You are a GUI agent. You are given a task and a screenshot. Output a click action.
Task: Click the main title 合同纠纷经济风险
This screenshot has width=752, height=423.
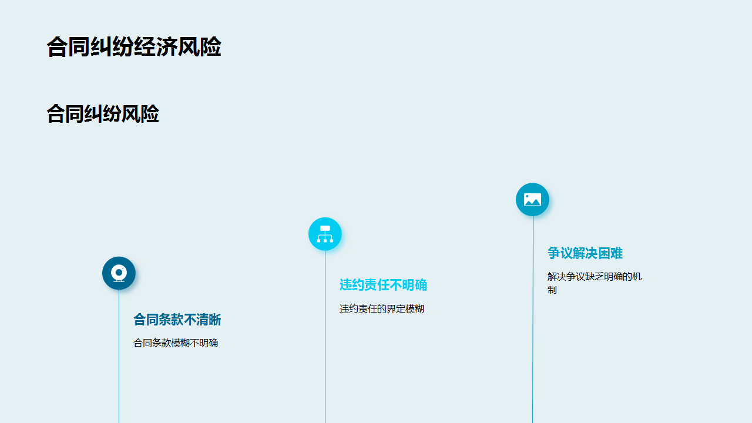[x=134, y=46]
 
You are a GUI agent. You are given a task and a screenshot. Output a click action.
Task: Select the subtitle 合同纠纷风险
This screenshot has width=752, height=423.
[x=103, y=113]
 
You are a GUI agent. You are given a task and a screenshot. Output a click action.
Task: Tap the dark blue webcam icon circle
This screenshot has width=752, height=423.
[x=119, y=273]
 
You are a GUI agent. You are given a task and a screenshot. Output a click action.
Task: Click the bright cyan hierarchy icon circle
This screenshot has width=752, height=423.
[x=325, y=234]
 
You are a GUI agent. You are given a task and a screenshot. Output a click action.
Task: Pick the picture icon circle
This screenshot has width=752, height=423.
[x=532, y=199]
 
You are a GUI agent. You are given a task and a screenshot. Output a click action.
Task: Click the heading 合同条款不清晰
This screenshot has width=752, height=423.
[x=177, y=320]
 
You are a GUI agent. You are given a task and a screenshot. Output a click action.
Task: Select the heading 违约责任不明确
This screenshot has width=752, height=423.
[x=383, y=285]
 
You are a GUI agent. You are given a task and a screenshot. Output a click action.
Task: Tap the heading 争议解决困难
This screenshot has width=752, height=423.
[x=585, y=253]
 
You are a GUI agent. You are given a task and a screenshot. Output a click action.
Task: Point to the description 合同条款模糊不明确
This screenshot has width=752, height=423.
[x=176, y=343]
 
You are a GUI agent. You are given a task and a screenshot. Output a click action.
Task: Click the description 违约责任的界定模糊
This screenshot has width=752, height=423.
[x=382, y=308]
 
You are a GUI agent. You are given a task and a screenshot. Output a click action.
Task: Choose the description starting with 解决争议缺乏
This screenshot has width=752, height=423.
[x=595, y=283]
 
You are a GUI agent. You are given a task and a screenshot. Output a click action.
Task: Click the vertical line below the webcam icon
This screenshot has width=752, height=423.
[x=119, y=357]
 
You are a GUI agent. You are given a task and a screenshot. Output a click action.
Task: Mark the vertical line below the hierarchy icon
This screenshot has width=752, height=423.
[x=325, y=337]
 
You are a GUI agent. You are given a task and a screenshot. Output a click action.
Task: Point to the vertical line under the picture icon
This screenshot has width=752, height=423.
[x=532, y=320]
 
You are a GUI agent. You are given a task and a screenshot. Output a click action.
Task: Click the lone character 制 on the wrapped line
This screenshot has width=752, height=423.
[x=552, y=290]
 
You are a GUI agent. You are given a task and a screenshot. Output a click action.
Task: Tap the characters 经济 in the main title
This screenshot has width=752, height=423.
[x=156, y=46]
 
